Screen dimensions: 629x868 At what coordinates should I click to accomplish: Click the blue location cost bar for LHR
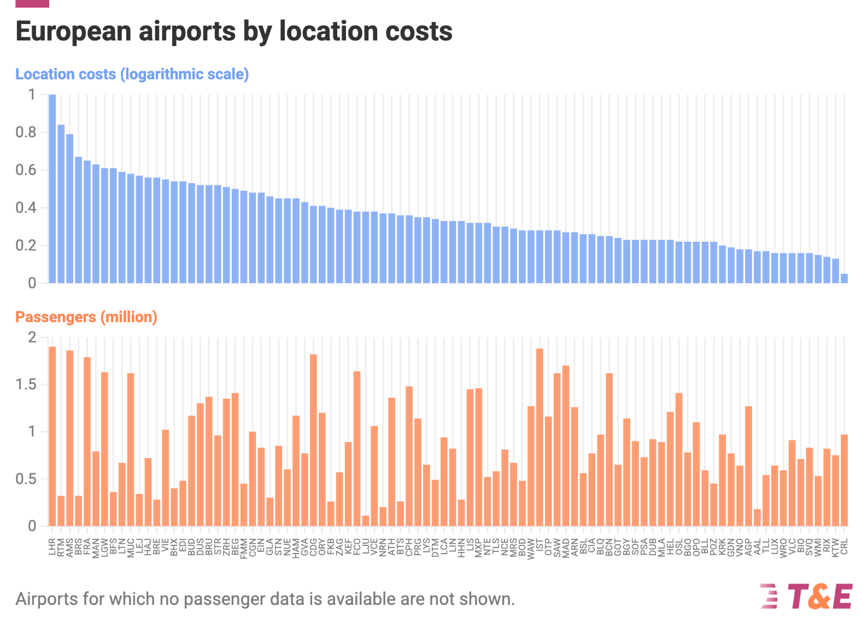tap(52, 189)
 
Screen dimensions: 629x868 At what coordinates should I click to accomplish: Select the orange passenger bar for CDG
tap(313, 440)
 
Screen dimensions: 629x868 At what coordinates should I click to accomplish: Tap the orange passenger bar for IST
tap(539, 437)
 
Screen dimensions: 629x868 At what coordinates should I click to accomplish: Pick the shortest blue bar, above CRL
tap(844, 278)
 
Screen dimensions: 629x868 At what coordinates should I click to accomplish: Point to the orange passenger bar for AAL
tap(757, 517)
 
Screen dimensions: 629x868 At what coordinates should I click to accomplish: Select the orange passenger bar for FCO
tap(357, 449)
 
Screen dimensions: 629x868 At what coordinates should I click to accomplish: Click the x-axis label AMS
tap(70, 548)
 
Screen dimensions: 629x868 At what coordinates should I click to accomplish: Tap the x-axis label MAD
tap(566, 548)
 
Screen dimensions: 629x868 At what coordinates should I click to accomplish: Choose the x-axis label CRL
tap(844, 547)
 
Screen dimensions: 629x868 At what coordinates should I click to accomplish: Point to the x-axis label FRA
tap(87, 547)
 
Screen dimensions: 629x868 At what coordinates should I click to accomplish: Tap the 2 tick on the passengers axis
tap(31, 337)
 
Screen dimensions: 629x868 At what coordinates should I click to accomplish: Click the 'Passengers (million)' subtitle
tap(86, 317)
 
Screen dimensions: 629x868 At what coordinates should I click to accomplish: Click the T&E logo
tap(806, 597)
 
